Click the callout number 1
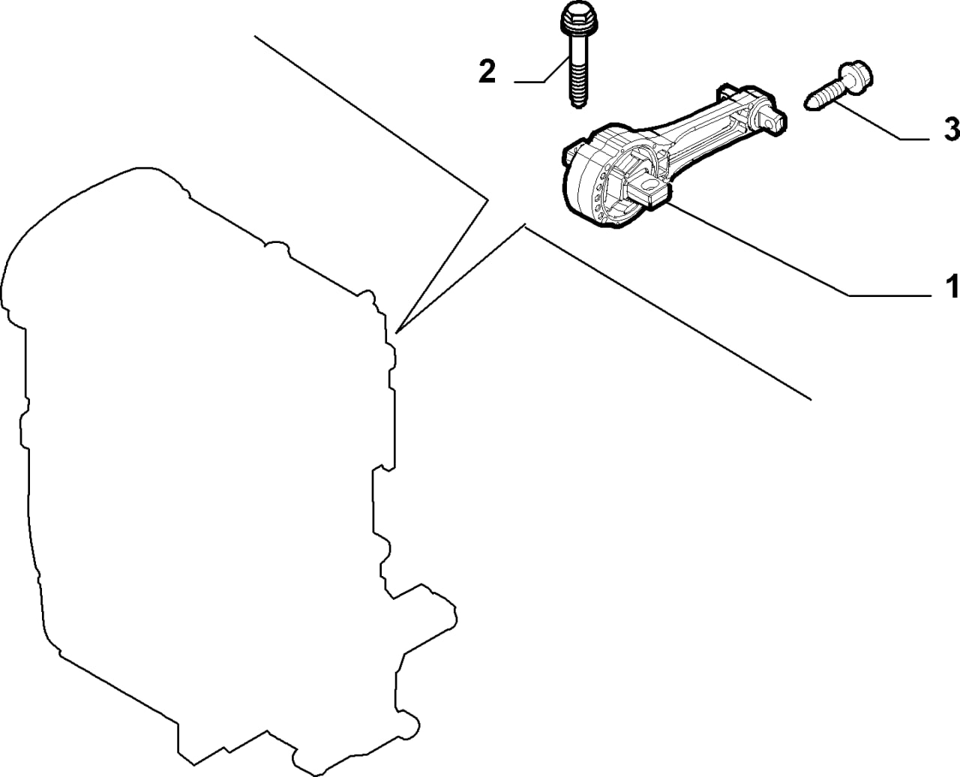tap(952, 286)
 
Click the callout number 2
tap(487, 70)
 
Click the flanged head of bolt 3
tap(854, 80)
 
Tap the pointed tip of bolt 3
tap(810, 106)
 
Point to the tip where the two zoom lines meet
tap(396, 333)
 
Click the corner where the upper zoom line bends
tap(488, 200)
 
